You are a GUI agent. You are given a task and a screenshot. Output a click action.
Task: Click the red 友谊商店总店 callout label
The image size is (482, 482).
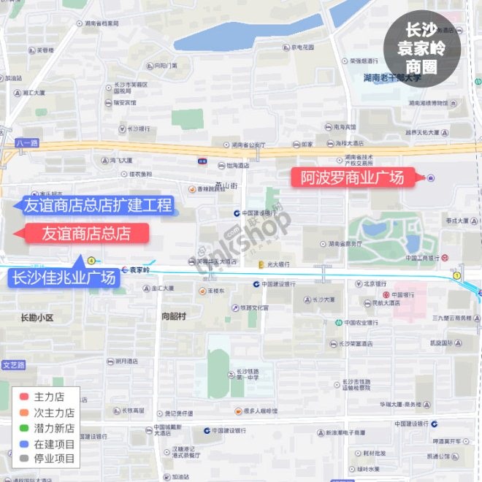(86, 234)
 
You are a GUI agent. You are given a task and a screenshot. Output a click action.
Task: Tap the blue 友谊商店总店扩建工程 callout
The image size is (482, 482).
(97, 205)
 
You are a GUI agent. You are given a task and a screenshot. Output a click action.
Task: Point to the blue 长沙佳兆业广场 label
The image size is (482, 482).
(64, 278)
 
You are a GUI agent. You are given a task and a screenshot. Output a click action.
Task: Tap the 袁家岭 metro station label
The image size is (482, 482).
(139, 270)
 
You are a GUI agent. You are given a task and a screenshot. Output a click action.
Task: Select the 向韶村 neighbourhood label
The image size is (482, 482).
(174, 316)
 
